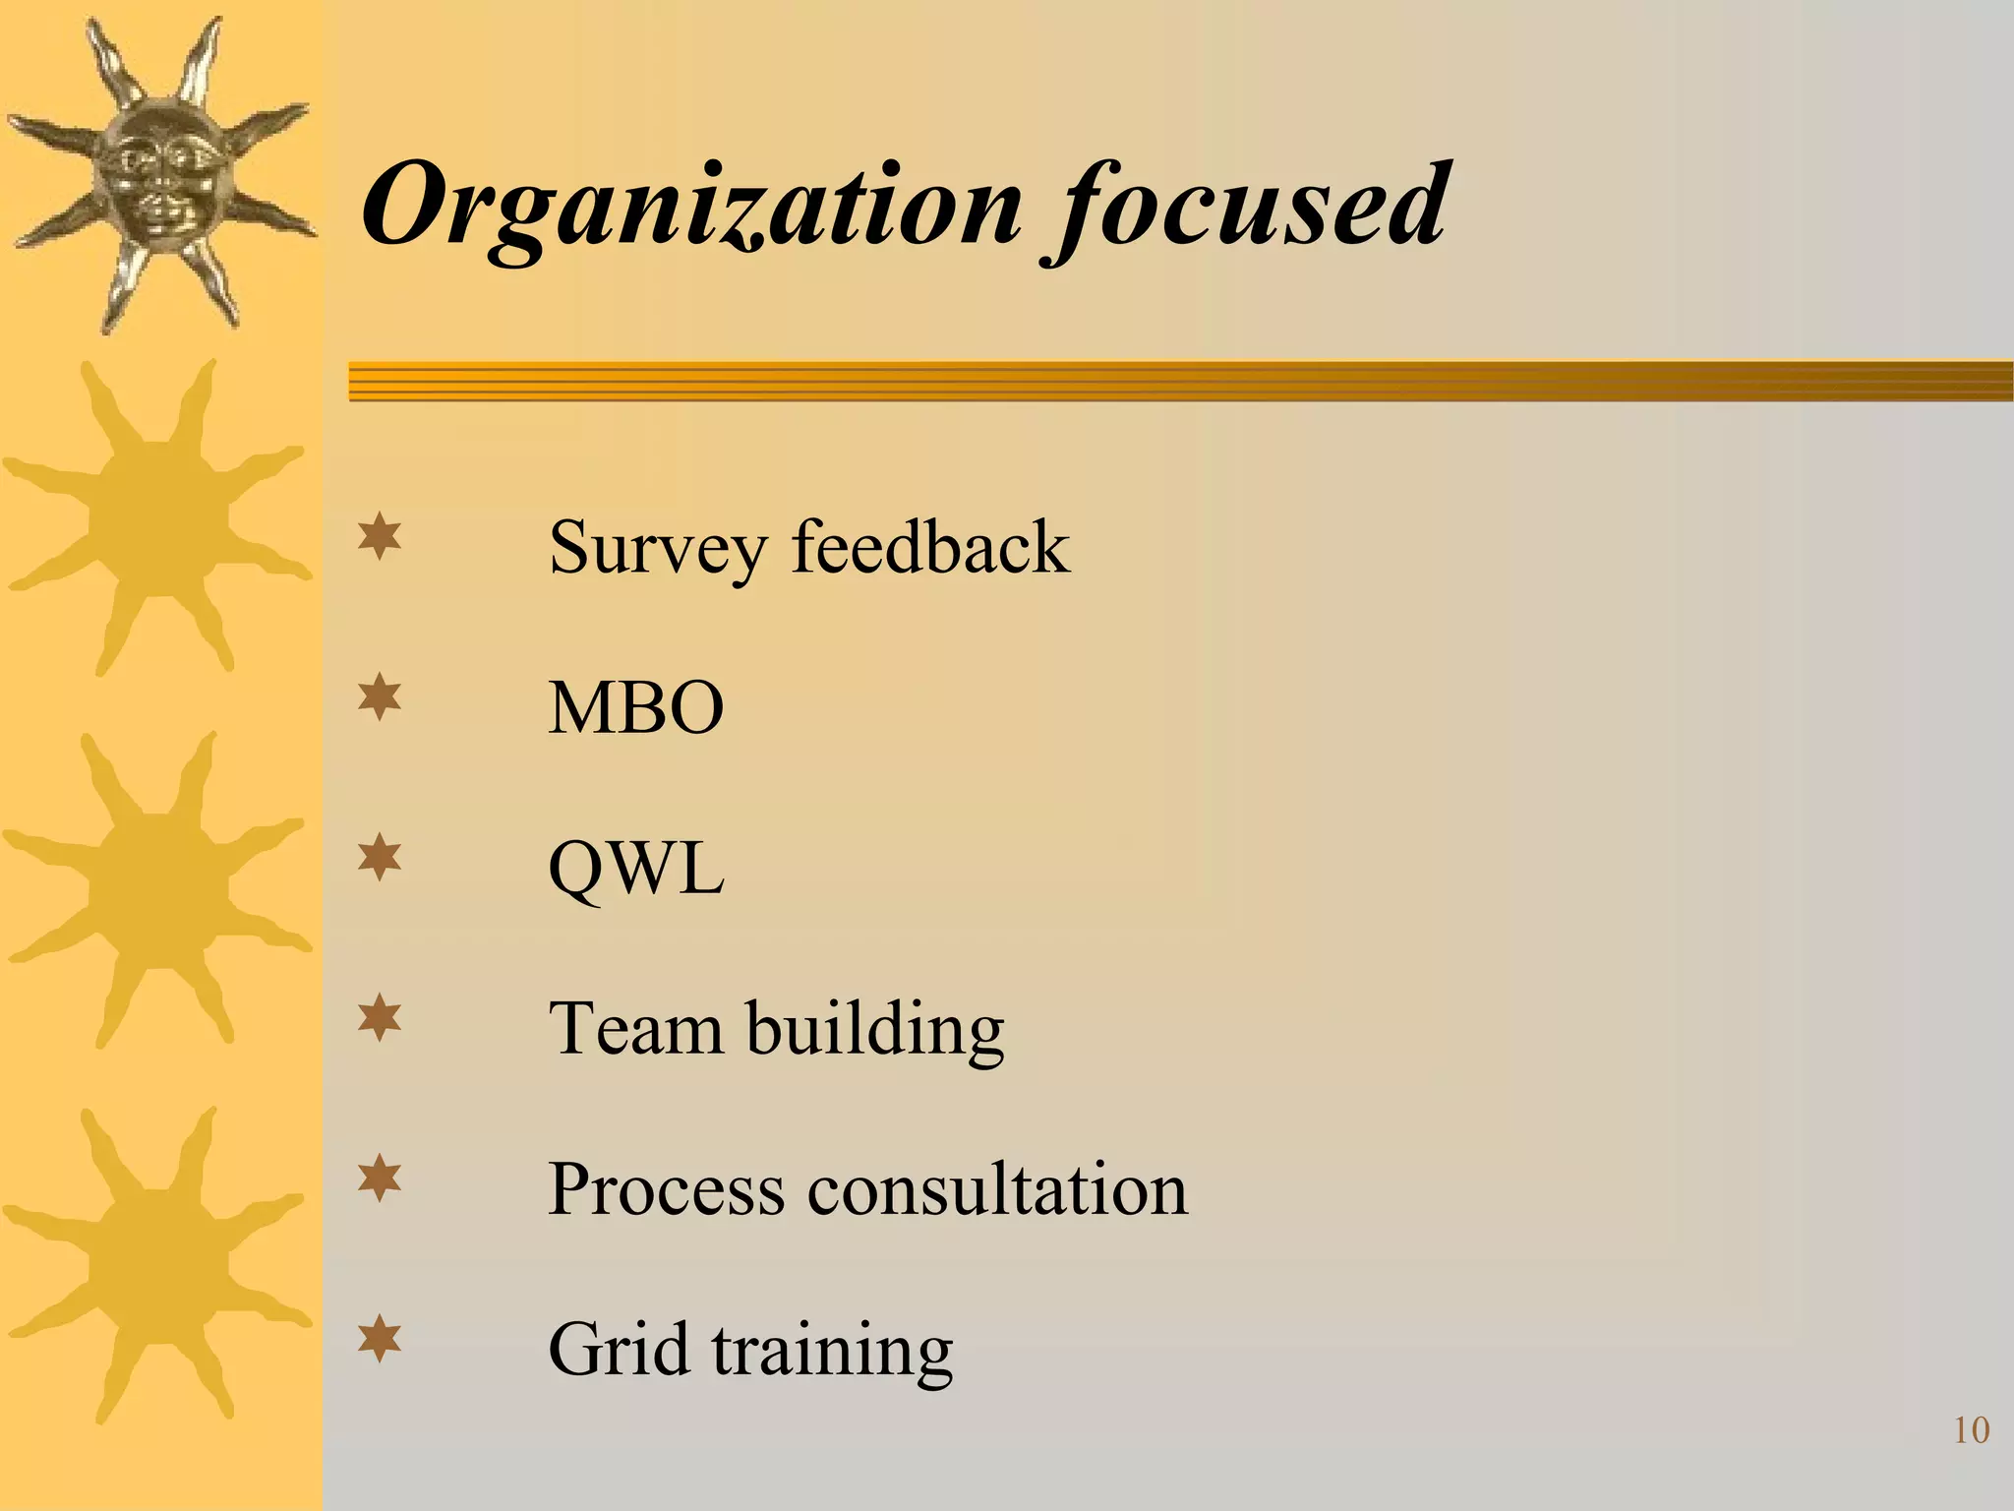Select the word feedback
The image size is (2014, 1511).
tap(930, 547)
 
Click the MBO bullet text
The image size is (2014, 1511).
tap(636, 707)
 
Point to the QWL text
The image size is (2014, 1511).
tap(636, 869)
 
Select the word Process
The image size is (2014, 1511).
tap(666, 1189)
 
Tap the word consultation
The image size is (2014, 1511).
tap(997, 1189)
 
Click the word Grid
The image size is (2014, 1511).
tap(618, 1350)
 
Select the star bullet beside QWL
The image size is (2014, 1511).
tap(380, 859)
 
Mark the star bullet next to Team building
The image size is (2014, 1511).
tap(380, 1019)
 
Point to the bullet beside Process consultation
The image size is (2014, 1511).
tap(380, 1179)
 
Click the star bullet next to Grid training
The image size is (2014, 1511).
tap(380, 1340)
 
